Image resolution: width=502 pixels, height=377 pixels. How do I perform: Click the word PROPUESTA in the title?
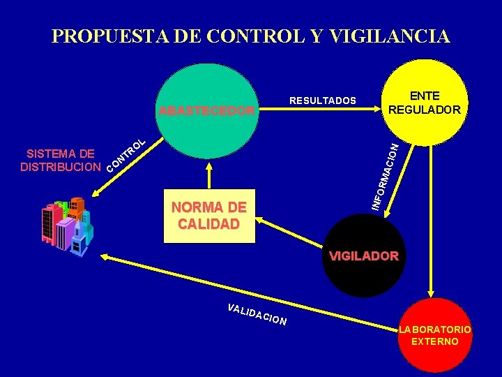pos(107,36)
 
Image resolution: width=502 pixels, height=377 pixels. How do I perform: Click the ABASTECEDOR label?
pos(206,110)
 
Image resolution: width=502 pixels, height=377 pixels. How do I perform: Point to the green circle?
pos(206,140)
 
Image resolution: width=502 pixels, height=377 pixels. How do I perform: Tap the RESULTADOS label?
pos(322,101)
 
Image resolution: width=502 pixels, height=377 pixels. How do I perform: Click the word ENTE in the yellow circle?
pos(424,96)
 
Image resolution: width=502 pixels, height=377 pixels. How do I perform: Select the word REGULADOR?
pos(424,110)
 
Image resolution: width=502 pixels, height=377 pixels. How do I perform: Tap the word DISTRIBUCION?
pos(60,168)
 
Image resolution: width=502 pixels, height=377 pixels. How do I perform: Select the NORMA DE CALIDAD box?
pos(209,216)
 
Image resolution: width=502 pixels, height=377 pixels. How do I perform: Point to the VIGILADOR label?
pos(363,256)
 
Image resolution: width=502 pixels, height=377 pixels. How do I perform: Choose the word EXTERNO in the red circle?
pos(435,341)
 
